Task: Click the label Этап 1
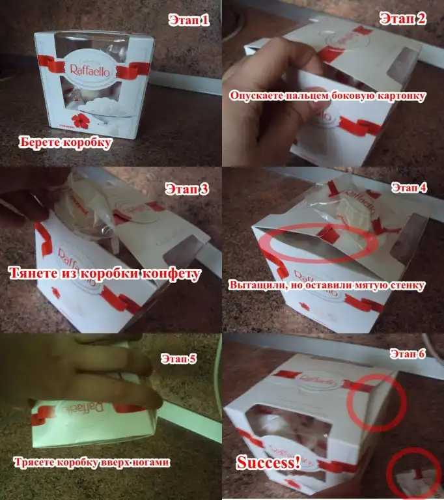[x=189, y=20]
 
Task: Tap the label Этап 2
[x=403, y=18]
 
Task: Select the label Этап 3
[x=187, y=189]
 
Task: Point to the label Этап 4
[x=409, y=187]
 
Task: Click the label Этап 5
[x=178, y=359]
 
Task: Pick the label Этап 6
[x=408, y=354]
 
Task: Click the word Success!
[x=268, y=462]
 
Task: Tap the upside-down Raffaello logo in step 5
[x=83, y=408]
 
